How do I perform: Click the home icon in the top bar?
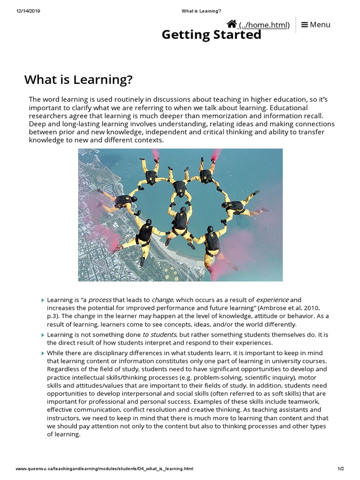click(232, 24)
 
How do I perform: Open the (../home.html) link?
click(264, 25)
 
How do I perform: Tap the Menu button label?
click(320, 24)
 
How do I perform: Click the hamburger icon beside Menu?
click(305, 24)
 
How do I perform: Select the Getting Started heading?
click(211, 35)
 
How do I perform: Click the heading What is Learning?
click(78, 80)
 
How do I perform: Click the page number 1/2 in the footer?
click(341, 469)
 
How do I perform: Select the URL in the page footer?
click(105, 469)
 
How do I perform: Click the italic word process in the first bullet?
click(100, 300)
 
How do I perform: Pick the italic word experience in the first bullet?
click(272, 300)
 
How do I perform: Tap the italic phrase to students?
click(160, 335)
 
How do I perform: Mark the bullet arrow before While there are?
click(43, 353)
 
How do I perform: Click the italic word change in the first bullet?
click(162, 300)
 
